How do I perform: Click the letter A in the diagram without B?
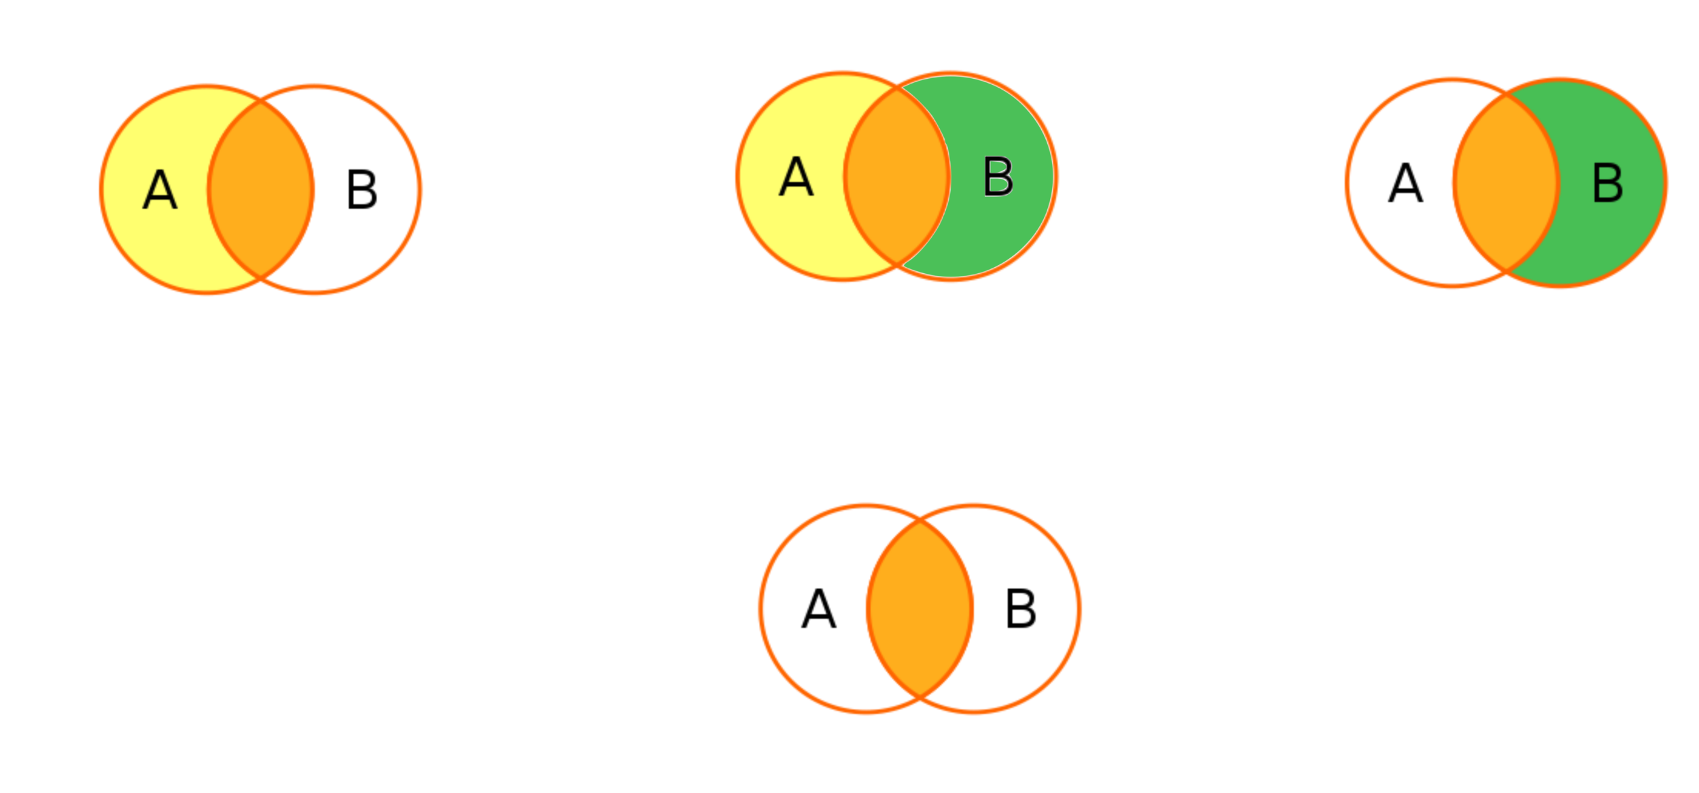pyautogui.click(x=160, y=190)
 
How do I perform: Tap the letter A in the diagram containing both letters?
pyautogui.click(x=796, y=177)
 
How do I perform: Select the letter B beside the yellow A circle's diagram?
pyautogui.click(x=998, y=177)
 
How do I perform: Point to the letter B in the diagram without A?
pyautogui.click(x=1608, y=183)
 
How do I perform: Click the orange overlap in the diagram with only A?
pyautogui.click(x=261, y=190)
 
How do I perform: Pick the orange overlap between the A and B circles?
pyautogui.click(x=897, y=177)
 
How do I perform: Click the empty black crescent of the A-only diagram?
pyautogui.click(x=367, y=190)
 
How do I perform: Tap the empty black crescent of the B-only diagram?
pyautogui.click(x=1400, y=183)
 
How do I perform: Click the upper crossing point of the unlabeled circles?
pyautogui.click(x=920, y=522)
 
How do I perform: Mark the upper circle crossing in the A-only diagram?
pyautogui.click(x=261, y=103)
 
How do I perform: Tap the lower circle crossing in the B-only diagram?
pyautogui.click(x=1507, y=270)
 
